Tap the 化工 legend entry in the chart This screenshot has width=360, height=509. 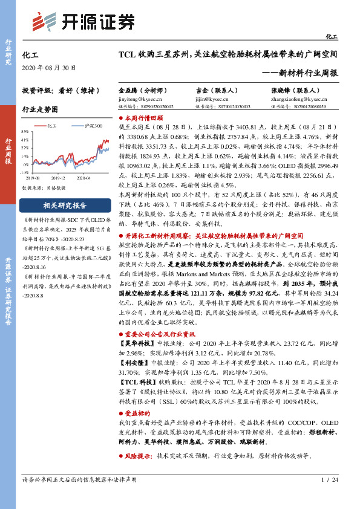(x=51, y=126)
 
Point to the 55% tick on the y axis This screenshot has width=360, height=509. (x=25, y=131)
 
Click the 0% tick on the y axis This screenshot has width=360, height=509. (x=26, y=164)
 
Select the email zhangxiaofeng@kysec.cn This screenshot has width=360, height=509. (x=299, y=97)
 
